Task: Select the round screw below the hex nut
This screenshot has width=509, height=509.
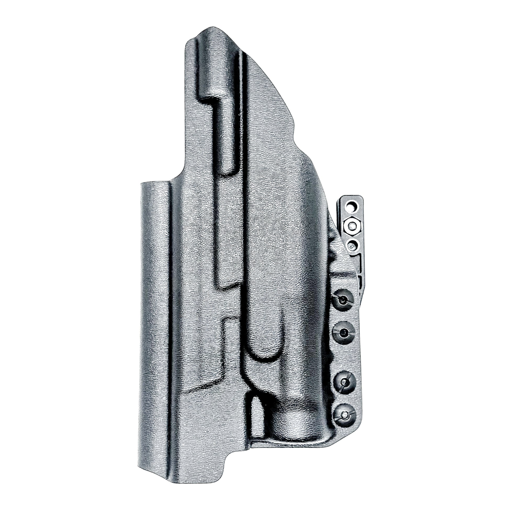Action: tap(352, 246)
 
